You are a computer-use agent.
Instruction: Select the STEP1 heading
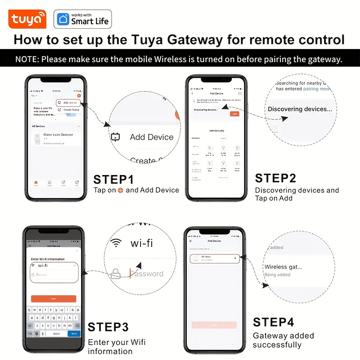tap(113, 180)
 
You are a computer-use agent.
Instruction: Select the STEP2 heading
tap(275, 178)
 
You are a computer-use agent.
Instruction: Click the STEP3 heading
tap(108, 327)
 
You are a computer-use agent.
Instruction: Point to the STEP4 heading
tap(273, 323)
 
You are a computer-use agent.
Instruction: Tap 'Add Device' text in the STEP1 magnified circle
tap(151, 137)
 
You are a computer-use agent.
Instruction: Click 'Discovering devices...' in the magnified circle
tap(300, 109)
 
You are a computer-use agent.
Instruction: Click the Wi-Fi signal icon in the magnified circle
tap(117, 243)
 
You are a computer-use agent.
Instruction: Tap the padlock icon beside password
tap(116, 274)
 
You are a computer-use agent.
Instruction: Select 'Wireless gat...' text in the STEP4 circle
tap(283, 267)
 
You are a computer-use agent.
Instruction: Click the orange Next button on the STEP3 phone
tap(53, 299)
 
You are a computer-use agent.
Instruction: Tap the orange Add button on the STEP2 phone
tap(234, 114)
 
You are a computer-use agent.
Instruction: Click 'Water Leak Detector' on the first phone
tap(58, 135)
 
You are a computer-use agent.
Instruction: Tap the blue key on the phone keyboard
tap(73, 333)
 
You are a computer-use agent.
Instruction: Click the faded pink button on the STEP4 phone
tap(214, 325)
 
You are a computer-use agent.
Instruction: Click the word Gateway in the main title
tap(195, 39)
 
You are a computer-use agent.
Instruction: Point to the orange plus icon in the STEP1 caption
tap(120, 190)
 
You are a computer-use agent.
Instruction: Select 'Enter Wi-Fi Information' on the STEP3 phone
tap(48, 259)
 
